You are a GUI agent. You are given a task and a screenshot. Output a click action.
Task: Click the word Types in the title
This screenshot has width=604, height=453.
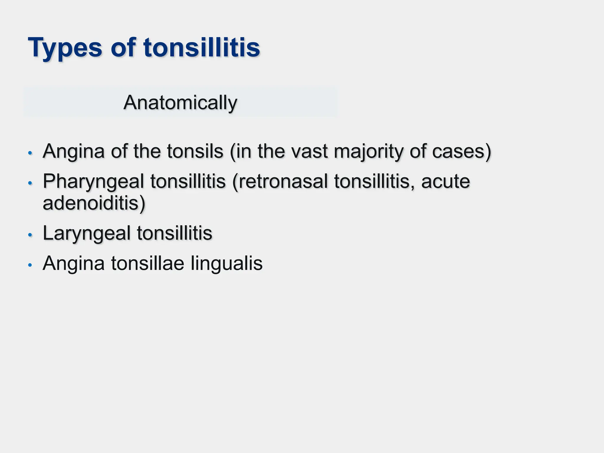click(x=65, y=48)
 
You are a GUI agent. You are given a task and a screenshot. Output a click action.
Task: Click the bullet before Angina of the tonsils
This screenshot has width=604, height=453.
click(x=29, y=153)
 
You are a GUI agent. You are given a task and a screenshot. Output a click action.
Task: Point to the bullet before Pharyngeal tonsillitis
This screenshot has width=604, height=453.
click(x=29, y=183)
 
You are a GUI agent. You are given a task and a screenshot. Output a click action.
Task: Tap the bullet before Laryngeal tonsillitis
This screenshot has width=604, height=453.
click(x=29, y=235)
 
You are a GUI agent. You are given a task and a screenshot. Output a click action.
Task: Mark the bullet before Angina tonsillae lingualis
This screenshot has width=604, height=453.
click(x=29, y=265)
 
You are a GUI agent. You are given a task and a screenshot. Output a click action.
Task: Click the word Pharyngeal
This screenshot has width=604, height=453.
click(x=93, y=181)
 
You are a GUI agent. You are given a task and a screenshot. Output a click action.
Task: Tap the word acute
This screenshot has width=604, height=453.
click(x=445, y=181)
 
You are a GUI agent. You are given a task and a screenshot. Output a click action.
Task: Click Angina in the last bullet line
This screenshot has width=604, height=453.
click(x=74, y=263)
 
